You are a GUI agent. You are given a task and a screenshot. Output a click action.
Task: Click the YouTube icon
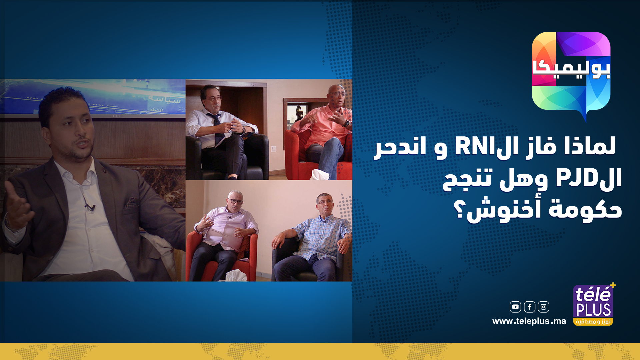515,307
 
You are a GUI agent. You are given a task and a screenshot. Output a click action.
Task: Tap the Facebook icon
529,307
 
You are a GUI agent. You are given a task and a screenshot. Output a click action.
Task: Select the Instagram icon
543,307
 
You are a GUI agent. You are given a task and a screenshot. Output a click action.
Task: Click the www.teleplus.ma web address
529,321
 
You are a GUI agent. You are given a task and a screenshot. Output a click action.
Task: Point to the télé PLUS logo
593,305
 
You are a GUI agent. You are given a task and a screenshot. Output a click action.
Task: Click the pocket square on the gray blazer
131,202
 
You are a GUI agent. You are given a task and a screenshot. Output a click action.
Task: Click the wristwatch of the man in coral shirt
347,123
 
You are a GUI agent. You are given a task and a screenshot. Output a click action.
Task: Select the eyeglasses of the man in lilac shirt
235,201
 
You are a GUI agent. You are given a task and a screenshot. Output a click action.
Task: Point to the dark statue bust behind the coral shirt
299,114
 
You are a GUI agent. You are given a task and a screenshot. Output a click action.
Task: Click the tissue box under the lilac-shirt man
236,276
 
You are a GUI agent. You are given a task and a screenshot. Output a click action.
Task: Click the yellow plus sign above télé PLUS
613,285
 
